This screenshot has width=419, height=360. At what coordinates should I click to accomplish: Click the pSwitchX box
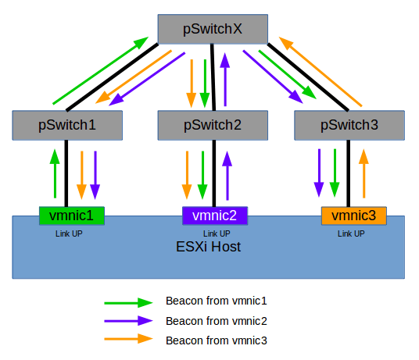tap(212, 30)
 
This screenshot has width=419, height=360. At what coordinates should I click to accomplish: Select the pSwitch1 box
tap(66, 123)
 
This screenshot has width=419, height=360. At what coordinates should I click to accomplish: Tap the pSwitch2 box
tap(211, 123)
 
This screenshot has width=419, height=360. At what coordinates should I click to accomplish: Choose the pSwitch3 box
tap(349, 123)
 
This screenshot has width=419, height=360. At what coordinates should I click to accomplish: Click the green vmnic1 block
tap(71, 215)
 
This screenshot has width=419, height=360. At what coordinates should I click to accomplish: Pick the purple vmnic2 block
tap(215, 215)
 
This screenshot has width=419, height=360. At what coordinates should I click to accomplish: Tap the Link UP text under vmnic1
tap(68, 233)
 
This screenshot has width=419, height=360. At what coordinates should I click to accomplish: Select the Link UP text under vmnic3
tap(351, 233)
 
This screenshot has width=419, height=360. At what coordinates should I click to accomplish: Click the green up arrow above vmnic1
tap(55, 172)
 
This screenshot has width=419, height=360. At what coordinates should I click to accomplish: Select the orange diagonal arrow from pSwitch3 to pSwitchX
tap(322, 71)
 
